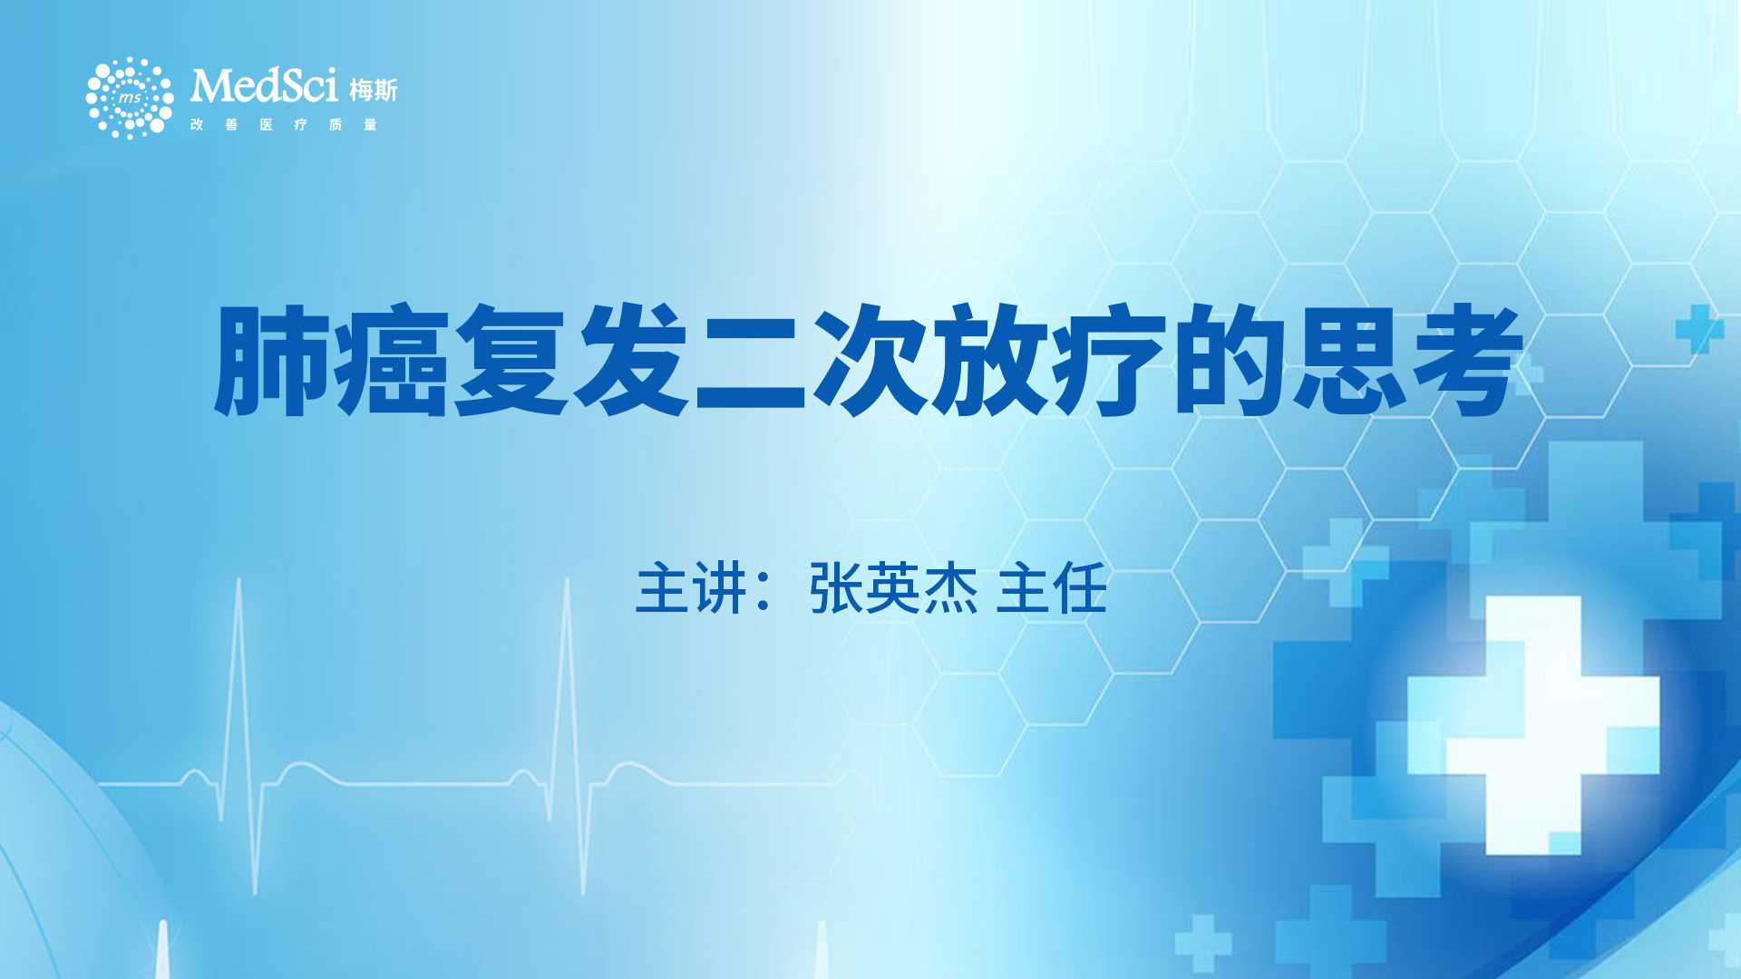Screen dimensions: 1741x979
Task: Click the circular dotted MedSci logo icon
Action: (x=130, y=98)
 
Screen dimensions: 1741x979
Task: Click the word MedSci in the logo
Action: (x=264, y=86)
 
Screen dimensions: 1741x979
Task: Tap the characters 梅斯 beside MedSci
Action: (x=374, y=90)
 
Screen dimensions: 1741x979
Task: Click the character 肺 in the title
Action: (x=273, y=361)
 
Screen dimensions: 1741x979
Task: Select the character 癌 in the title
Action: (x=393, y=361)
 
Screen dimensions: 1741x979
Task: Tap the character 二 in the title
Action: (x=751, y=361)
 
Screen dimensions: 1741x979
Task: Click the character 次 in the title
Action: (x=870, y=361)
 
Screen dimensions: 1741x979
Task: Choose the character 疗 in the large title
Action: (x=1110, y=361)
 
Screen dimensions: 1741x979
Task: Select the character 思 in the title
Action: (x=1349, y=361)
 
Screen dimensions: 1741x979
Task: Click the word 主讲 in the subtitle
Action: (x=691, y=588)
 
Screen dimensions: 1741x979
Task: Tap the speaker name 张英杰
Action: (x=894, y=588)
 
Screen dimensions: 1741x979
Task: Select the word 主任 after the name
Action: (x=1052, y=588)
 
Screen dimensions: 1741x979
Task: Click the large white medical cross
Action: (x=1533, y=725)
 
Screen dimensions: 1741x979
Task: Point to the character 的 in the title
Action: (x=1230, y=361)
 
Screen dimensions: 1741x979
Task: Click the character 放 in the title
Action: (x=990, y=361)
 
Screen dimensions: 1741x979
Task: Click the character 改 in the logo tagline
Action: (x=197, y=124)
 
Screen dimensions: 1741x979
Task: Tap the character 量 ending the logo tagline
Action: (x=370, y=124)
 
